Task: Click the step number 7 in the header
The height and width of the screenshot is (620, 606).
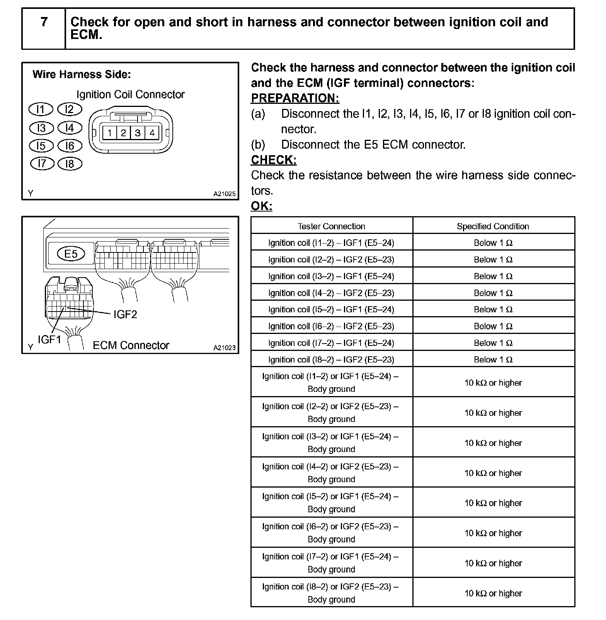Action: [x=44, y=22]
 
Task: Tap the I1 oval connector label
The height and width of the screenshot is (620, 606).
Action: [x=41, y=110]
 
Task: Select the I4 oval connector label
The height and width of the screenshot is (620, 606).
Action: [x=70, y=128]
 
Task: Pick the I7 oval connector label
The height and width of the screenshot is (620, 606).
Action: [x=42, y=164]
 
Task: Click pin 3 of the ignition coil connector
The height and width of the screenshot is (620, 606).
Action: [x=138, y=133]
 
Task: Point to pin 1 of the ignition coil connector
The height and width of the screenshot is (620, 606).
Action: [x=110, y=133]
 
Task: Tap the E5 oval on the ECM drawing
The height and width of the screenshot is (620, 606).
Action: [x=71, y=254]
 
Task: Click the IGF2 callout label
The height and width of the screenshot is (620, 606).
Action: [x=125, y=315]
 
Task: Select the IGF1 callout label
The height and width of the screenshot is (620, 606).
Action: [x=49, y=340]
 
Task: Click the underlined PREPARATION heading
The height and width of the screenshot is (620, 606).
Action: [x=295, y=98]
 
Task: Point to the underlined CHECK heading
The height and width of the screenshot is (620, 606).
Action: [x=274, y=160]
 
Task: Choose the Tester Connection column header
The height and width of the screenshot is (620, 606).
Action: [x=331, y=226]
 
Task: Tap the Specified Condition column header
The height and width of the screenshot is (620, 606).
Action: [x=493, y=226]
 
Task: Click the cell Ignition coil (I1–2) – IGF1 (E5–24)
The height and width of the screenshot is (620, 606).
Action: [x=331, y=243]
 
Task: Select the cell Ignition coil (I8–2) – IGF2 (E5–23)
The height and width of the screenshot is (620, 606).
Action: [x=331, y=359]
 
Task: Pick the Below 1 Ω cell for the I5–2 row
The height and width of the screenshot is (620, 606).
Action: [x=493, y=310]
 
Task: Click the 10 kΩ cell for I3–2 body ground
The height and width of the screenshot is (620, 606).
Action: [x=493, y=443]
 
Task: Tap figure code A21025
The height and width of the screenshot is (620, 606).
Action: [x=224, y=194]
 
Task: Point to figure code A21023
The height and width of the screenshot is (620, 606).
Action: [x=224, y=347]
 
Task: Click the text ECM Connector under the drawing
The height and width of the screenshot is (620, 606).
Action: [x=131, y=345]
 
